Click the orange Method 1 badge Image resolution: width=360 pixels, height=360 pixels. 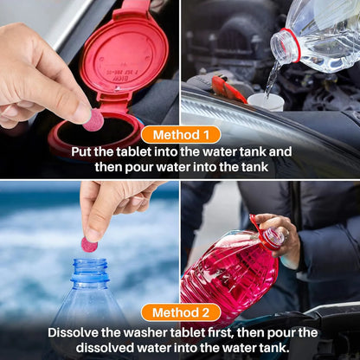180,134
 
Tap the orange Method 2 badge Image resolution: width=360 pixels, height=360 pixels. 180,312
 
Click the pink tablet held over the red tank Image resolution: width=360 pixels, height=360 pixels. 93,119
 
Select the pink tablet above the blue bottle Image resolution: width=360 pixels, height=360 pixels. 89,244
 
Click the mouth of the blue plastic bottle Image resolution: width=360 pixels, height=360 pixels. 89,264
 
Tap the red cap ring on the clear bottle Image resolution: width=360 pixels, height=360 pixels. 286,44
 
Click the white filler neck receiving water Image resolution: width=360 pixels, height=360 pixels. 266,101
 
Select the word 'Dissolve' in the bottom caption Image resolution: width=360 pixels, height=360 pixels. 74,332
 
